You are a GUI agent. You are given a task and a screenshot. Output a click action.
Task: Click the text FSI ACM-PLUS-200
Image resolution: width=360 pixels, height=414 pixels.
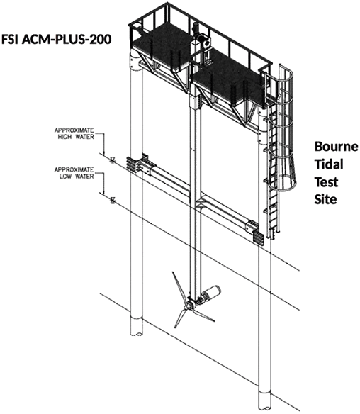click(x=56, y=39)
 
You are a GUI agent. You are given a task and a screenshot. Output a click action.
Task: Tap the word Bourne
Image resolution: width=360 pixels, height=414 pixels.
click(x=336, y=146)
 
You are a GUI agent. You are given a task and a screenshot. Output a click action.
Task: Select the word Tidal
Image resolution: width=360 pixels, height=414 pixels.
click(x=329, y=164)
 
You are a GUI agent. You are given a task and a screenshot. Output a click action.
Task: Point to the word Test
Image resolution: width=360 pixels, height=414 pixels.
click(x=326, y=181)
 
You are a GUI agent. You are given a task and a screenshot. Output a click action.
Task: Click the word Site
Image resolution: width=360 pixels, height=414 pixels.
click(x=325, y=199)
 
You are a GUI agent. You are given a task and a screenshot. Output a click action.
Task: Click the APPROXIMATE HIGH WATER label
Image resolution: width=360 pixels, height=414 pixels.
click(x=74, y=133)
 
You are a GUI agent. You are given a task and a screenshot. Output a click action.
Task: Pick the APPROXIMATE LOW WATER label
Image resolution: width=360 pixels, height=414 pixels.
click(x=74, y=173)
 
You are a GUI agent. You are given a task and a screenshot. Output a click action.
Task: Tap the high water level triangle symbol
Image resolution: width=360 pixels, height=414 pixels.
click(x=113, y=160)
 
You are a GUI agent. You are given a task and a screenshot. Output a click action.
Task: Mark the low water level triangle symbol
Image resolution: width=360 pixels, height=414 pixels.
click(x=113, y=200)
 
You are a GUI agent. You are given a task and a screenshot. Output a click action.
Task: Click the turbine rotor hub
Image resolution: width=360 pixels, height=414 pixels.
click(x=189, y=306)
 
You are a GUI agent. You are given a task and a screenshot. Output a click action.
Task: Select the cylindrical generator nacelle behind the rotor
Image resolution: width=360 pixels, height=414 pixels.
click(x=211, y=293)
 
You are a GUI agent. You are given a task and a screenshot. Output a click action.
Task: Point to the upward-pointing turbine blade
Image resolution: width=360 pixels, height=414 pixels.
click(x=179, y=287)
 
